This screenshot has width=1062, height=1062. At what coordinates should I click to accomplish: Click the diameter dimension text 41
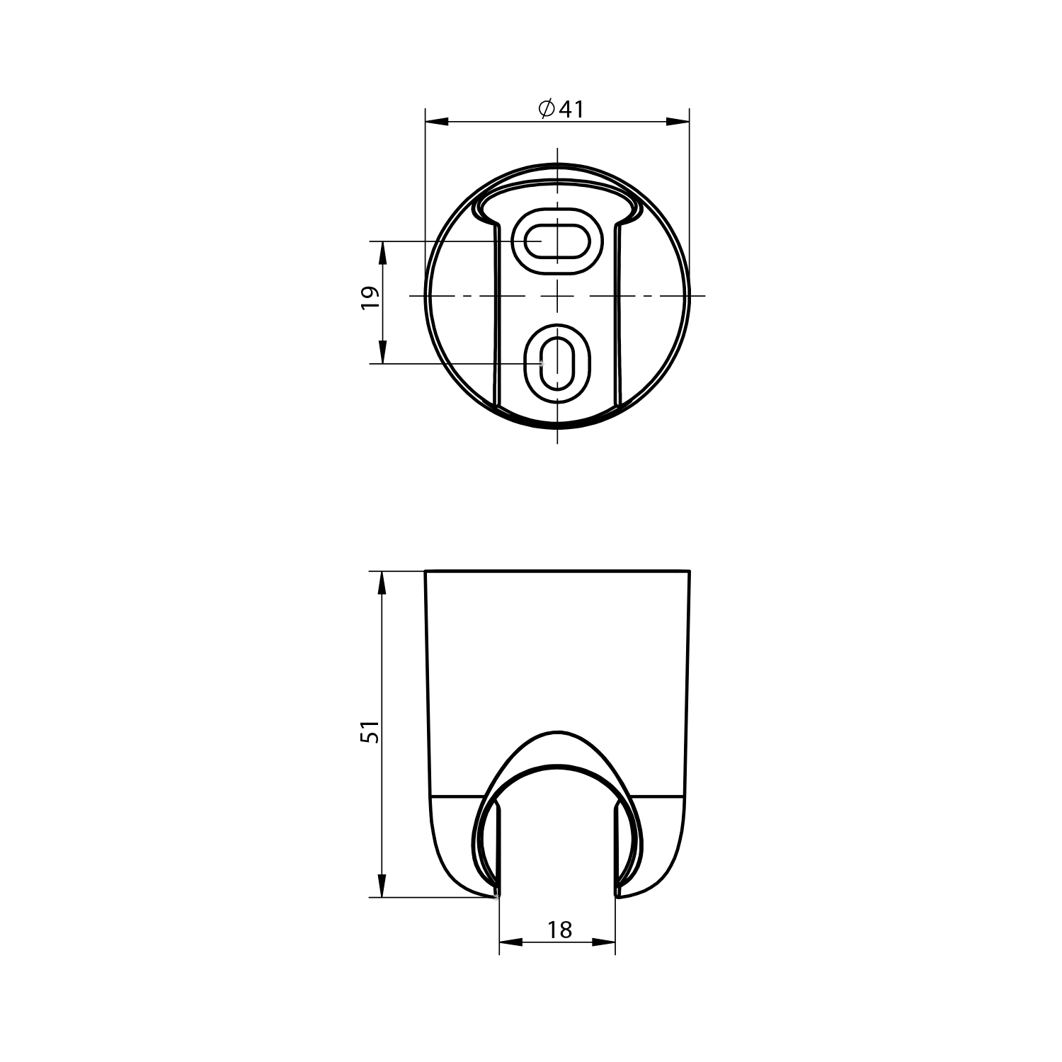click(571, 109)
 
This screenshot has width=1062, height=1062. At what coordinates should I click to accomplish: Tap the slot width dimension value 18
click(559, 930)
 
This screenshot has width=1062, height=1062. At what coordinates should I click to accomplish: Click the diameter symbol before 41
click(546, 109)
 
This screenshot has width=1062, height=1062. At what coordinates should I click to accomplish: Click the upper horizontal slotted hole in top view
click(557, 241)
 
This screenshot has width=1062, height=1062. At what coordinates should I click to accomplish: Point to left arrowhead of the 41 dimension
click(438, 122)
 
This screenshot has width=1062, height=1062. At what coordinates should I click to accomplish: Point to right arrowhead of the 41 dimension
click(678, 122)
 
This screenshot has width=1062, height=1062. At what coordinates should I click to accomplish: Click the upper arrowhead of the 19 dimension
click(382, 253)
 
